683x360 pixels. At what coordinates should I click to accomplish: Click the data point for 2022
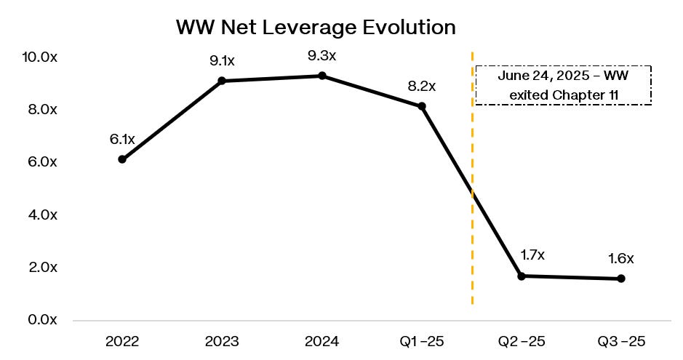click(x=122, y=159)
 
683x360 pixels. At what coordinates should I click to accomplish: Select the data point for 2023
click(x=222, y=81)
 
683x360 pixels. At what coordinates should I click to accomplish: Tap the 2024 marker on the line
click(x=322, y=76)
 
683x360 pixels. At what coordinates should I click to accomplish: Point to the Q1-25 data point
click(x=422, y=106)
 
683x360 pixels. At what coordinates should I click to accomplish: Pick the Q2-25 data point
click(x=522, y=276)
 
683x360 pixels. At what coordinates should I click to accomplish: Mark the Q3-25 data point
click(x=621, y=279)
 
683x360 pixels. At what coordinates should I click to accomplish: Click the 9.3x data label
click(x=322, y=56)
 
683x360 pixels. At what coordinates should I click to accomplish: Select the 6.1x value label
click(x=122, y=140)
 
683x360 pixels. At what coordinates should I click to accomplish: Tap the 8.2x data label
click(x=422, y=87)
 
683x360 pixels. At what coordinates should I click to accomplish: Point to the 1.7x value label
click(x=532, y=255)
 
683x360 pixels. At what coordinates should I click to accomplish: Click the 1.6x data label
click(x=620, y=259)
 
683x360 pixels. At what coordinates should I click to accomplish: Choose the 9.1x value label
click(x=222, y=60)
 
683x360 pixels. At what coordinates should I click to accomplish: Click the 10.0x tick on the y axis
click(x=39, y=57)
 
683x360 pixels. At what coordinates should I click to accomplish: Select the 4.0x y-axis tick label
click(x=43, y=215)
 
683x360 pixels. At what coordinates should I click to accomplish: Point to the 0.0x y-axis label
click(x=43, y=320)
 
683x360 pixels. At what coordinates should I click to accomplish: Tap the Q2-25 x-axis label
click(x=522, y=342)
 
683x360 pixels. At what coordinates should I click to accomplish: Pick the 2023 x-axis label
click(x=222, y=342)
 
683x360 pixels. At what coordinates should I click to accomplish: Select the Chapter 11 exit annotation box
click(x=563, y=85)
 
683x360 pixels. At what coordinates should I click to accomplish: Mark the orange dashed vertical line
click(x=473, y=177)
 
